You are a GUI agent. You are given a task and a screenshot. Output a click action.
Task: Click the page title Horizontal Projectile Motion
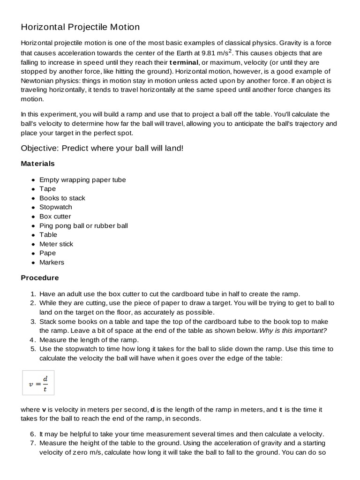pos(80,27)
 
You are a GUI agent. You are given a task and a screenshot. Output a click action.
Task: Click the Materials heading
pos(37,164)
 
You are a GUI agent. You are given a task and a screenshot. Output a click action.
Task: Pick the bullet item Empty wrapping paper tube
pos(82,180)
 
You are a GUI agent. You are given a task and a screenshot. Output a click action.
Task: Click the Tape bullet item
pos(47,189)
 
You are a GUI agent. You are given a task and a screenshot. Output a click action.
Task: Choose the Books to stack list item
pos(62,198)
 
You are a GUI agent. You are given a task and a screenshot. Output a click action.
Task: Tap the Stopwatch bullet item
pos(55,207)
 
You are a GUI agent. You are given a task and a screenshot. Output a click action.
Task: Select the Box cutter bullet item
pos(55,216)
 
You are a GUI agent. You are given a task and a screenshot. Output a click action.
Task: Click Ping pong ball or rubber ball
pos(83,225)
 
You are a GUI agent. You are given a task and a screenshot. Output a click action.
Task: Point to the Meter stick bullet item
pos(56,244)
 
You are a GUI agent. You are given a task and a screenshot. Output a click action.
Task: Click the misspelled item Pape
pos(47,253)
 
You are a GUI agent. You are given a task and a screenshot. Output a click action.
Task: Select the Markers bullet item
pos(52,262)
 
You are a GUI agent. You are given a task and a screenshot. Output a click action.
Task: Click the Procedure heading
pos(40,277)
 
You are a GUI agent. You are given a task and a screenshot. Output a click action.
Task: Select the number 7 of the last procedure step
pos(33,443)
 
